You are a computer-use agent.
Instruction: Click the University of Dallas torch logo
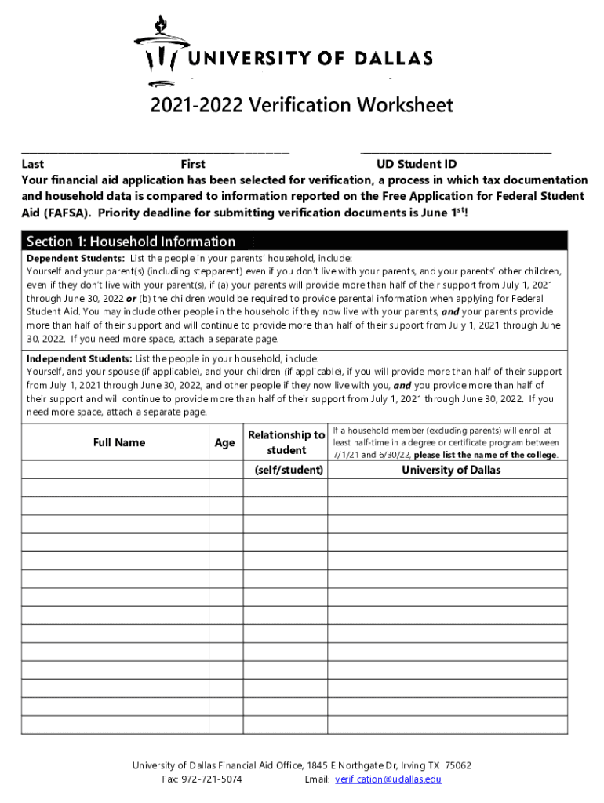click(162, 51)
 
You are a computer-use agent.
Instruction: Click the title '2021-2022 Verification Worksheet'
click(302, 105)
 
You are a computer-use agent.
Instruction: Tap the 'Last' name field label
click(32, 165)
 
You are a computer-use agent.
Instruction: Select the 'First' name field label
click(193, 165)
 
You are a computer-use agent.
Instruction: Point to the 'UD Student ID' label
click(417, 165)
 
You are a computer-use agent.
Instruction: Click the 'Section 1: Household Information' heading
click(131, 242)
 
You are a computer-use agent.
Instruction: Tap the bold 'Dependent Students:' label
click(75, 258)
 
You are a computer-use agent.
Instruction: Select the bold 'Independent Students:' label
click(79, 358)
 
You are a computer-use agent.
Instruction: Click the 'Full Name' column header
click(119, 443)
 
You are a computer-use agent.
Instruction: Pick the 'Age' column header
click(224, 443)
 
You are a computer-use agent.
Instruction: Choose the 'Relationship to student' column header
click(286, 442)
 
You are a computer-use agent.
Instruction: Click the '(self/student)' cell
click(289, 470)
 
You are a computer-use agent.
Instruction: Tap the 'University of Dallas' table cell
click(451, 470)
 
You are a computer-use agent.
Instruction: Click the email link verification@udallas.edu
click(388, 779)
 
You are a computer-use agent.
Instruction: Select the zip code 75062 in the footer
click(458, 765)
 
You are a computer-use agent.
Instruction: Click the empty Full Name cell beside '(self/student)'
click(115, 470)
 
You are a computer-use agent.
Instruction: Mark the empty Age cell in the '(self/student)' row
click(226, 470)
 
